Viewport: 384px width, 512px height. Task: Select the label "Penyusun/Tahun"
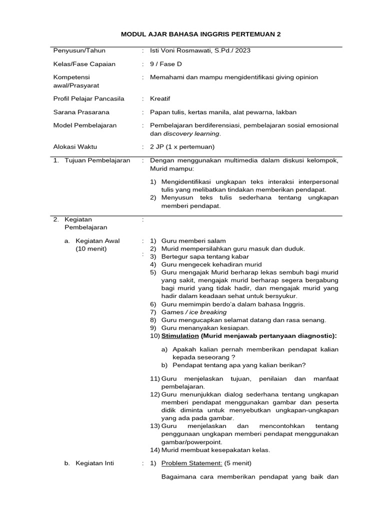(79, 50)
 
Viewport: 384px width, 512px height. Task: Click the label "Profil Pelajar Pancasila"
(88, 98)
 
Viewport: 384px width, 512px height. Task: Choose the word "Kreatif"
(160, 98)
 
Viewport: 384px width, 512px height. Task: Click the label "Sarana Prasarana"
(81, 112)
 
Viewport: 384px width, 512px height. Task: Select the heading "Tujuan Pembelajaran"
(97, 160)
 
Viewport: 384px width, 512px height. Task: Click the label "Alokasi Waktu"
(75, 147)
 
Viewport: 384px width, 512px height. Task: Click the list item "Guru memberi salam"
(193, 241)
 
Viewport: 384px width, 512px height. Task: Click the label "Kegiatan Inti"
(94, 463)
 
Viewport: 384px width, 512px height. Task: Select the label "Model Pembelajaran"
(84, 125)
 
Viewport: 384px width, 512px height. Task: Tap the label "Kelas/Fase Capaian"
(84, 64)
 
